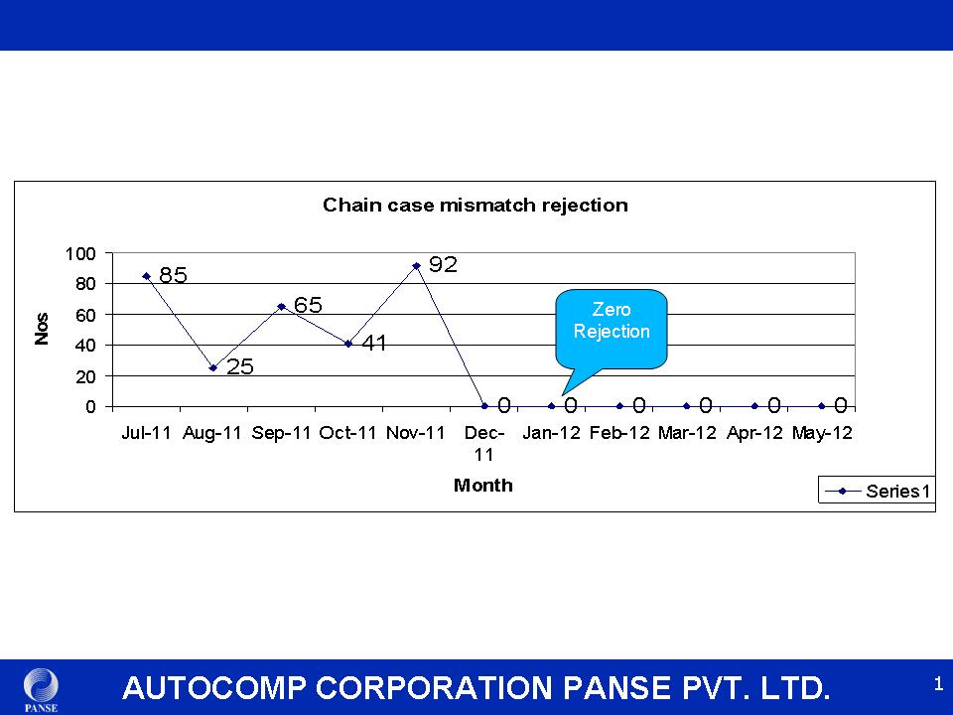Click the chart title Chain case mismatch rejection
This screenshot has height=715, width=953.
pos(476,205)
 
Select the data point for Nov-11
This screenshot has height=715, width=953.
pos(416,266)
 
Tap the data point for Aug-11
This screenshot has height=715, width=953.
pos(213,367)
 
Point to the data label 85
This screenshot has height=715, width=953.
pos(173,275)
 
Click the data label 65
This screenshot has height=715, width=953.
pos(308,305)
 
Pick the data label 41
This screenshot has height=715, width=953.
pos(374,343)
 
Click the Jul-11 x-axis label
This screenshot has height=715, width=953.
pos(147,433)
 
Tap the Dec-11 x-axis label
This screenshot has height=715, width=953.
pos(483,444)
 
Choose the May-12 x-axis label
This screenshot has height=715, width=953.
pos(822,433)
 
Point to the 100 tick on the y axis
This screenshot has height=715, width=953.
pos(80,253)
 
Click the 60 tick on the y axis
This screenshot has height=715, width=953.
pos(85,315)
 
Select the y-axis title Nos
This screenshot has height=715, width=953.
pos(42,329)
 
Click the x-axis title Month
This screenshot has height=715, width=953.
pos(483,486)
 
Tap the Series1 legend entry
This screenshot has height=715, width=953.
pos(877,491)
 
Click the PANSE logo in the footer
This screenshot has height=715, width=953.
pos(42,690)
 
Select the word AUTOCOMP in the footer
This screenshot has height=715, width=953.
pos(214,688)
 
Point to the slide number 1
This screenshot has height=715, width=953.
pos(938,684)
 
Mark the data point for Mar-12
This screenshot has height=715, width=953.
pos(687,406)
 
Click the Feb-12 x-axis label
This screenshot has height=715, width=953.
pos(619,433)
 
